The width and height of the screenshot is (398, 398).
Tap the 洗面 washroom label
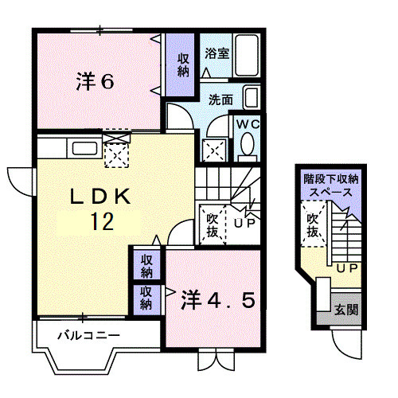click(x=220, y=99)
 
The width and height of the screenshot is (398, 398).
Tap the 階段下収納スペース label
click(x=329, y=185)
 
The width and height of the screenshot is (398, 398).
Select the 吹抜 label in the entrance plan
click(x=313, y=225)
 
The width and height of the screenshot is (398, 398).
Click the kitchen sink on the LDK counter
click(x=82, y=148)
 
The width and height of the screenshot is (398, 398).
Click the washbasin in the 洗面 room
click(x=251, y=99)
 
